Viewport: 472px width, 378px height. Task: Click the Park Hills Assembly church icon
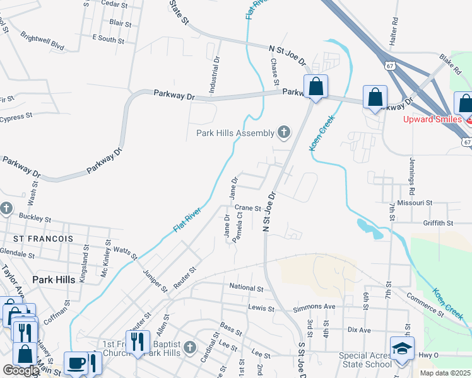(284, 132)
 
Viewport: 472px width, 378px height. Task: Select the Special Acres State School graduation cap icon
(401, 348)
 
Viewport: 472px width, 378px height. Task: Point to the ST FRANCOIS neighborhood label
(43, 239)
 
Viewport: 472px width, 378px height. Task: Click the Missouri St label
(410, 203)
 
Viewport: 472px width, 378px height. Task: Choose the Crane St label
(247, 208)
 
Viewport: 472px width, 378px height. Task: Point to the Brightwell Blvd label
(42, 40)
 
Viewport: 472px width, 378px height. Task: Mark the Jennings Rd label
(412, 176)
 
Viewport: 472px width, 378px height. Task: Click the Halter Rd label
(396, 28)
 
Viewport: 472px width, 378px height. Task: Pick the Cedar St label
(114, 4)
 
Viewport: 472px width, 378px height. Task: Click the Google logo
(21, 370)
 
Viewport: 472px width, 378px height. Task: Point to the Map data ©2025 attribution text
(445, 373)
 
